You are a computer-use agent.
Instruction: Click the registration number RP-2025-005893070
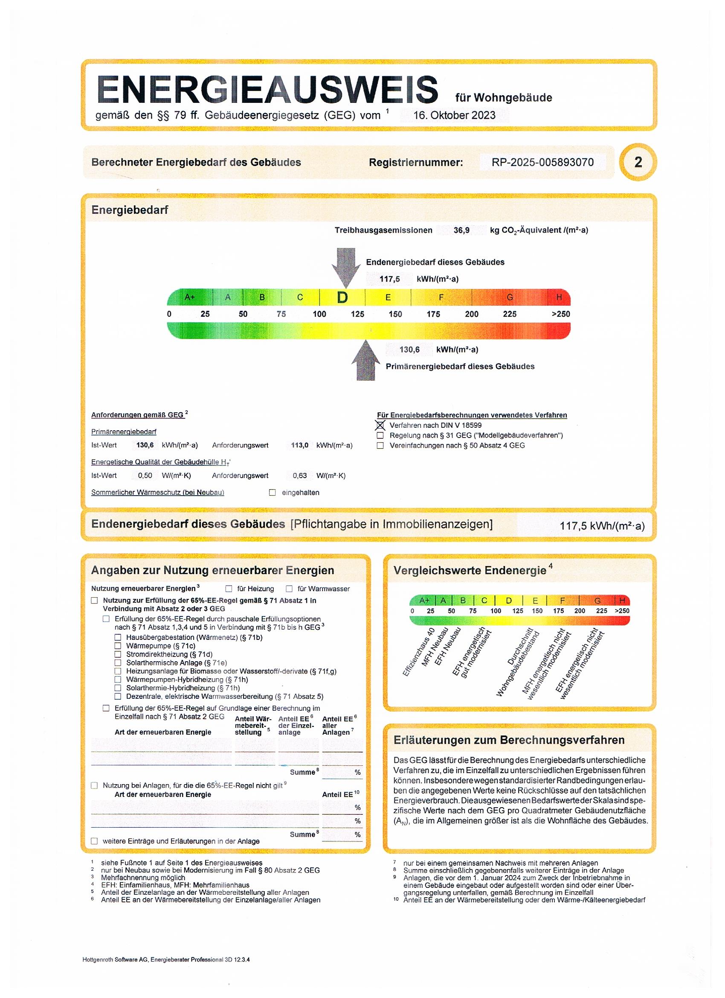(x=542, y=162)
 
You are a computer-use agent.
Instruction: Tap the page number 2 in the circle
(x=638, y=162)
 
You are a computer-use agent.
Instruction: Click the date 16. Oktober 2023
(x=454, y=115)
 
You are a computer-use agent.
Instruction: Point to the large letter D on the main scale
(x=342, y=298)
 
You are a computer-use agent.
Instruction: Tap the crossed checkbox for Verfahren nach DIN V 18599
(x=380, y=426)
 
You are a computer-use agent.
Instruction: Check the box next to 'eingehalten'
(x=273, y=493)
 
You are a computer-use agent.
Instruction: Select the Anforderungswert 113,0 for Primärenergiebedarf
(x=299, y=445)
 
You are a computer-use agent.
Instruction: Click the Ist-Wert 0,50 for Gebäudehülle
(x=145, y=476)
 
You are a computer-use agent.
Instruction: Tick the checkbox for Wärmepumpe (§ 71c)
(x=118, y=645)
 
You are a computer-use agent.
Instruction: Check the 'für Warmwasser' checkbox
(x=289, y=589)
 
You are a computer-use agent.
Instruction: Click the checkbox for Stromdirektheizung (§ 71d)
(x=118, y=654)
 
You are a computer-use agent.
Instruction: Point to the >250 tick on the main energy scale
(x=560, y=314)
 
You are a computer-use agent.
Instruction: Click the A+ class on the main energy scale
(x=189, y=298)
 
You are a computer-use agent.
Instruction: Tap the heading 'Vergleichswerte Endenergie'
(x=470, y=571)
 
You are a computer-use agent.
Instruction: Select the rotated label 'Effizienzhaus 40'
(x=418, y=652)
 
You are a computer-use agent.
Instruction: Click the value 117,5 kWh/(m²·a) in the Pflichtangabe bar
(x=602, y=526)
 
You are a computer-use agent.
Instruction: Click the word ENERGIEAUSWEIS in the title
(x=267, y=90)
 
